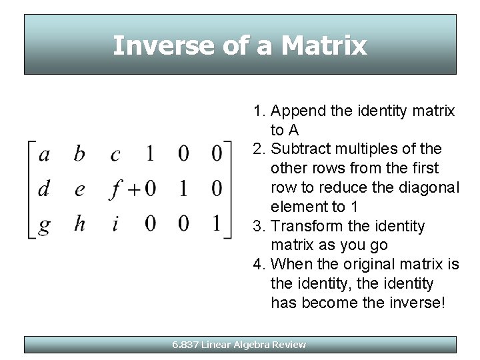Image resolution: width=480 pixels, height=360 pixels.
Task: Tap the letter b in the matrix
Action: (79, 154)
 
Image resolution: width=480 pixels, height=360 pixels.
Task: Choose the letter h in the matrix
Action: (79, 223)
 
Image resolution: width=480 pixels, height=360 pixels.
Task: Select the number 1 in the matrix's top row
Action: (150, 154)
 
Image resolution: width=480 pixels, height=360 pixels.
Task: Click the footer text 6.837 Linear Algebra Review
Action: (239, 345)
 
